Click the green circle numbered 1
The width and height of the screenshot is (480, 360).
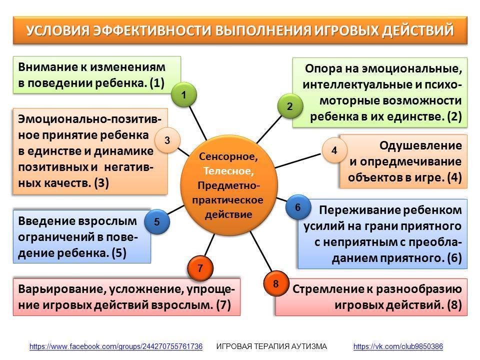point(184,94)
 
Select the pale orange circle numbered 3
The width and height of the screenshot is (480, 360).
point(167,141)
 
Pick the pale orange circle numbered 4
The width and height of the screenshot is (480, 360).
point(334,150)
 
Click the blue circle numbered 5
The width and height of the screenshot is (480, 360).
point(157,221)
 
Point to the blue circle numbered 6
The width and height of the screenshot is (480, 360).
point(298,207)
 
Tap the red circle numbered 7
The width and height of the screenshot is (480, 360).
point(200,268)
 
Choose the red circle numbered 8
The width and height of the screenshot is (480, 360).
point(275,284)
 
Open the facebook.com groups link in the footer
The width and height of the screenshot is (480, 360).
point(116,346)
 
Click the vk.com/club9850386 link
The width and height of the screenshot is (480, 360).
point(398,346)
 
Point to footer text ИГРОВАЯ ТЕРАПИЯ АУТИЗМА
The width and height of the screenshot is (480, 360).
point(271,346)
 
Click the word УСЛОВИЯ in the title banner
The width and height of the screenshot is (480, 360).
point(57,30)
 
